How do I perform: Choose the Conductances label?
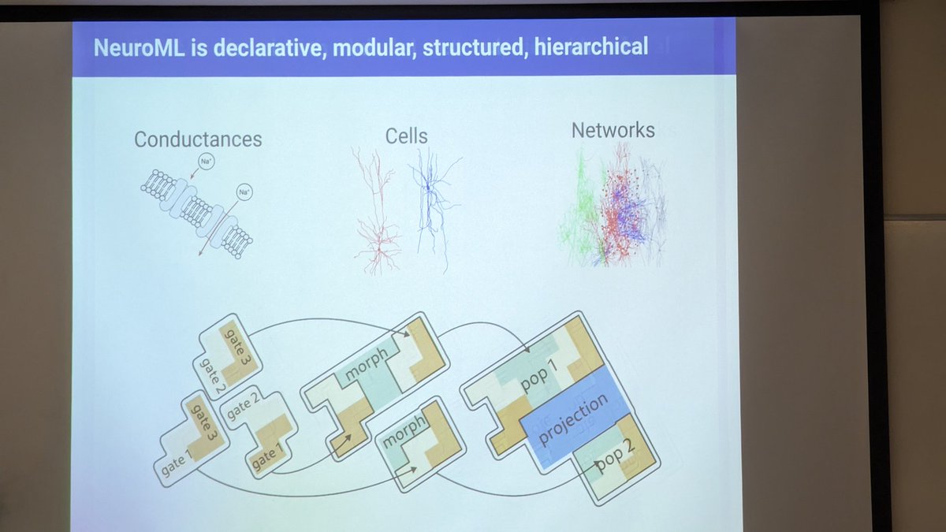(198, 140)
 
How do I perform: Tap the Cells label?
(407, 136)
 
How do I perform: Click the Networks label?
(613, 130)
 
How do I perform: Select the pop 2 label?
(616, 460)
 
